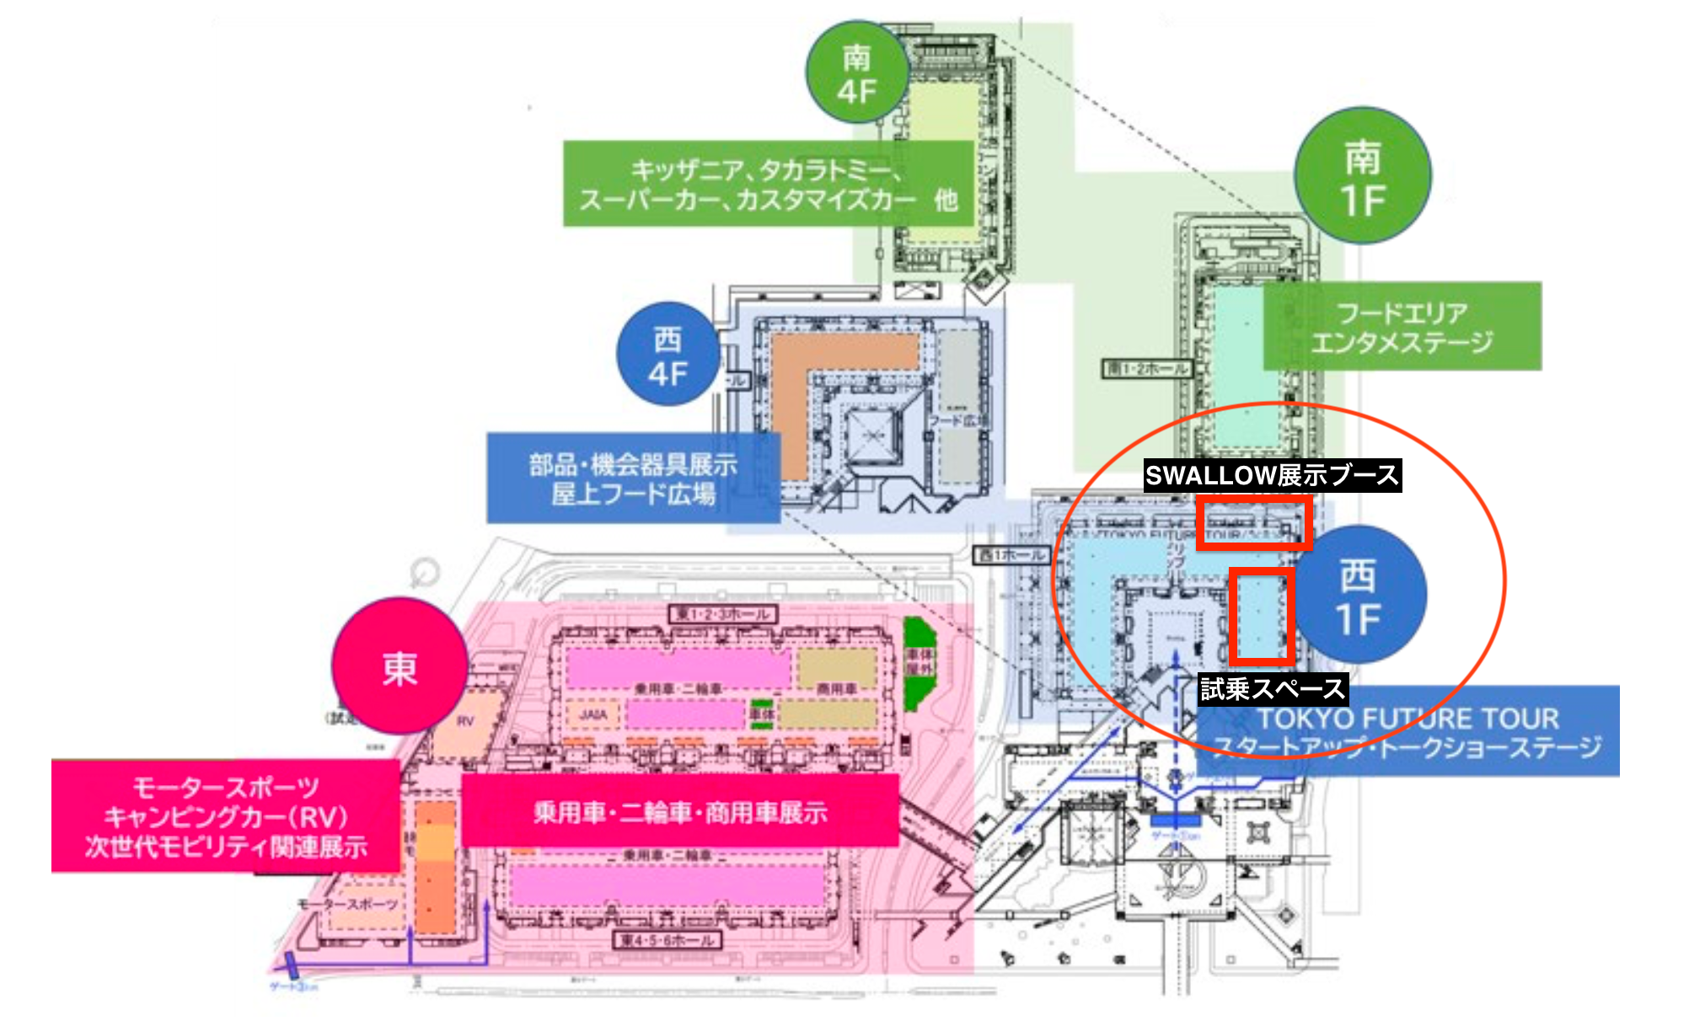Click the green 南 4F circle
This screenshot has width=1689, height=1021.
pos(857,73)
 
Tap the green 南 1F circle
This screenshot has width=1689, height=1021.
pos(1362,177)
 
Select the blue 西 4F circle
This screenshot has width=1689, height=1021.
pos(668,355)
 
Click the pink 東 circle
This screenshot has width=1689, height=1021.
pos(399,666)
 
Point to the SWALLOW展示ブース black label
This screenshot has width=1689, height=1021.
pos(1272,475)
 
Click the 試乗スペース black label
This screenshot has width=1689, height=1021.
pos(1273,689)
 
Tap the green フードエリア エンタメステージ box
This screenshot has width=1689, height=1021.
pos(1402,327)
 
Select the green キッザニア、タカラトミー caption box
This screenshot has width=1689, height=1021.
pos(767,184)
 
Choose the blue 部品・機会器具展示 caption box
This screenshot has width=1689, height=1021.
pos(633,478)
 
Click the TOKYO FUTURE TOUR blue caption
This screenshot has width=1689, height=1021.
pos(1407,731)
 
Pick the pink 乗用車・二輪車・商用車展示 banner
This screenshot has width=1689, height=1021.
pos(680,811)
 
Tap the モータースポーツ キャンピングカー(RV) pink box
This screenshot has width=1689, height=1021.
pos(226,816)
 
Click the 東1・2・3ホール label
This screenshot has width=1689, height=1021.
pos(722,614)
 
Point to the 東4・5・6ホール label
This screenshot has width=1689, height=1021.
pos(667,939)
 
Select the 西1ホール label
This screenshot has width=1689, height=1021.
pos(1011,554)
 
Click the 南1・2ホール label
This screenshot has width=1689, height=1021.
pos(1147,368)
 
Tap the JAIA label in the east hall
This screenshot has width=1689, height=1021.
pos(593,715)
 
